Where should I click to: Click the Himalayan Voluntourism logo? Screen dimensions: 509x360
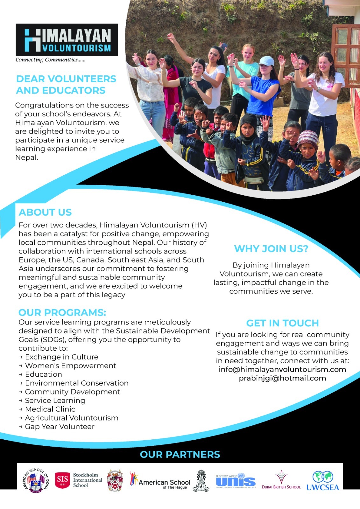click(67, 40)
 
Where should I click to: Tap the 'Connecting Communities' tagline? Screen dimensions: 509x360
click(50, 60)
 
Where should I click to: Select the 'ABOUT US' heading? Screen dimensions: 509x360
click(45, 212)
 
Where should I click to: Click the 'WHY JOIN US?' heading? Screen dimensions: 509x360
click(271, 249)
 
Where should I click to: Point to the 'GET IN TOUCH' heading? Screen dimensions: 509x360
click(282, 323)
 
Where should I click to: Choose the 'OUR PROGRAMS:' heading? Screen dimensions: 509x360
click(62, 312)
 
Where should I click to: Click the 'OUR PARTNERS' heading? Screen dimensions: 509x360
click(180, 454)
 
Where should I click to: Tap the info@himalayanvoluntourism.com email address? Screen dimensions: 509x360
click(282, 369)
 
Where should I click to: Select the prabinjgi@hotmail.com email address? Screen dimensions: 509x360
click(282, 378)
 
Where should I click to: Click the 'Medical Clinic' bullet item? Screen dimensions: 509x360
click(50, 409)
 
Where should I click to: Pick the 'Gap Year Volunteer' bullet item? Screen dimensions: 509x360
click(60, 427)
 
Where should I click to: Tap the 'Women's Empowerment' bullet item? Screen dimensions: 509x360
click(70, 366)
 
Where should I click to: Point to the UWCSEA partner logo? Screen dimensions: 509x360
click(322, 481)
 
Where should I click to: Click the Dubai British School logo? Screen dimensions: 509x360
click(281, 480)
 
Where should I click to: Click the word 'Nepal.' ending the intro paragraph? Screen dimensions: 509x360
click(26, 157)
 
